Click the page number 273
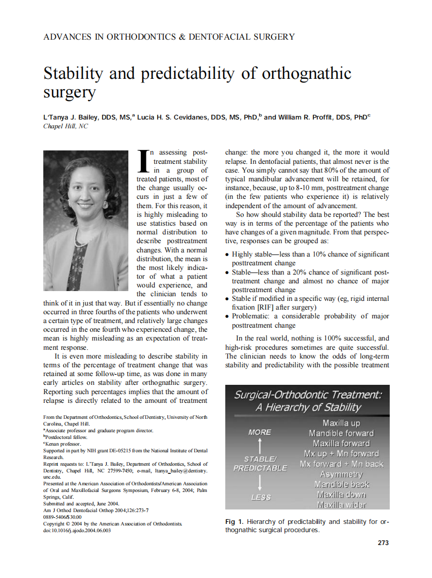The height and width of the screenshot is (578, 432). click(x=383, y=542)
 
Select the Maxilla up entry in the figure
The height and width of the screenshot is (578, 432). click(x=341, y=423)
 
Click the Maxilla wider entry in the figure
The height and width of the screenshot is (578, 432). click(x=341, y=505)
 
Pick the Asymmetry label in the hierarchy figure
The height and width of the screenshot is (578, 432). click(x=341, y=474)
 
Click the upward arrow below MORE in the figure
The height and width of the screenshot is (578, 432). click(x=260, y=446)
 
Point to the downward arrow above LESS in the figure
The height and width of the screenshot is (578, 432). click(x=260, y=483)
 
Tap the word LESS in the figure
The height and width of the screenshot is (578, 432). click(x=261, y=497)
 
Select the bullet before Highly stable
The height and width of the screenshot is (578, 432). click(x=228, y=254)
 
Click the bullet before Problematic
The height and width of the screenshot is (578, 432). click(x=228, y=316)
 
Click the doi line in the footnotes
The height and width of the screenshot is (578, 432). click(x=77, y=530)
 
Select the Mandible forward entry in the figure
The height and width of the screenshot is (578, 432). click(x=341, y=433)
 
